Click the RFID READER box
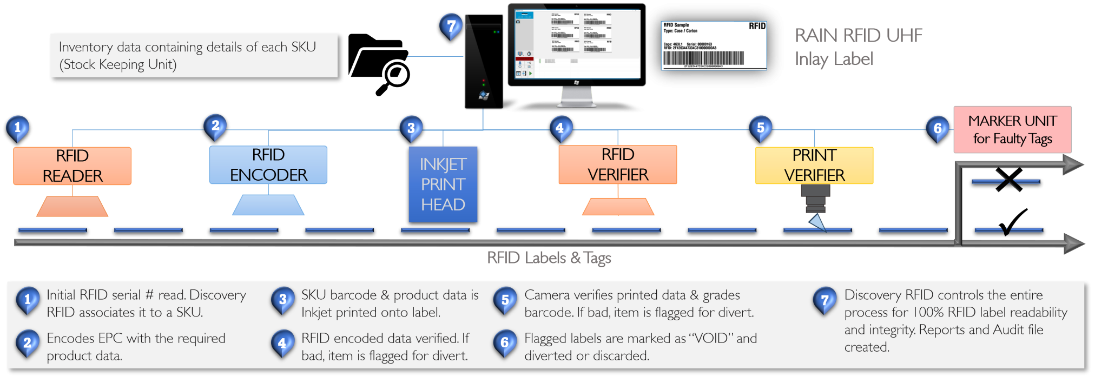(72, 166)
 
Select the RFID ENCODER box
(268, 165)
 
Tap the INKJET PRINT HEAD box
(443, 184)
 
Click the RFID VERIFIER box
(617, 165)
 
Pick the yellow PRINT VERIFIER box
(814, 166)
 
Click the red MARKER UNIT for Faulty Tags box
(1012, 130)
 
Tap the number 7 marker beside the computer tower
(451, 25)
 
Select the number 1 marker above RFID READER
(18, 128)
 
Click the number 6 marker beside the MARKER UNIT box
(938, 129)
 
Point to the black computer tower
(484, 61)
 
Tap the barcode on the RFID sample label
(703, 58)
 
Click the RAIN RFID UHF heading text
(858, 36)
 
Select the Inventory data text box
(194, 56)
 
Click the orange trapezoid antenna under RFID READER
(72, 207)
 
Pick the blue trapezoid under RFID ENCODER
(268, 206)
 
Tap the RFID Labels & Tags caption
(549, 258)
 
